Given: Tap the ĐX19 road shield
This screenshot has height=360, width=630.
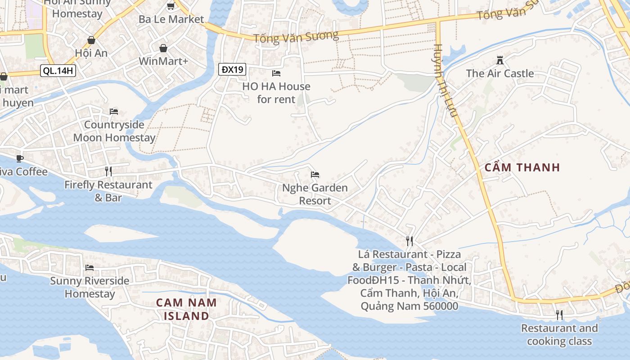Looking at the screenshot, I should click(233, 69).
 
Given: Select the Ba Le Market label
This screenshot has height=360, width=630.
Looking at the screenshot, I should click(171, 19).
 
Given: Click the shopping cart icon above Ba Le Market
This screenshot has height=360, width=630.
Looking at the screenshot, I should click(171, 6).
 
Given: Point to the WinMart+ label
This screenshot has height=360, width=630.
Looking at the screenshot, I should click(163, 61).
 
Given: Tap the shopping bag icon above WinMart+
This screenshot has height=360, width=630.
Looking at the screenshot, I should click(163, 48).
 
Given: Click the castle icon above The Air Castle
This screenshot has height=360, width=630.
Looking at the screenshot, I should click(499, 60).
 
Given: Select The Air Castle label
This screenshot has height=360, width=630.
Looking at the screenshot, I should click(499, 73).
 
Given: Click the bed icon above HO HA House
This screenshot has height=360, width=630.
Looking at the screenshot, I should click(276, 73).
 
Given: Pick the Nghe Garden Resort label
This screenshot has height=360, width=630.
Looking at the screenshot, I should click(315, 194).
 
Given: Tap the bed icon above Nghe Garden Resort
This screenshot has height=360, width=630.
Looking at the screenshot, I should click(315, 175).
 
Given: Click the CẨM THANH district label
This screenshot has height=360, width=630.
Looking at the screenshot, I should click(522, 167).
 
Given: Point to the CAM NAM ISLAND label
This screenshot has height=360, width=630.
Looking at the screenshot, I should click(186, 309).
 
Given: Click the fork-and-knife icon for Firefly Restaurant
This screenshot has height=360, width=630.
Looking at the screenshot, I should click(108, 171).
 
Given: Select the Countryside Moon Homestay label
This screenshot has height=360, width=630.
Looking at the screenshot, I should click(114, 131).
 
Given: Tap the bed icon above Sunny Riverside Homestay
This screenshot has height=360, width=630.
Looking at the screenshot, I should click(90, 268).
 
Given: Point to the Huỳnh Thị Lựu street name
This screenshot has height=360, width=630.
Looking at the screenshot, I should click(446, 81).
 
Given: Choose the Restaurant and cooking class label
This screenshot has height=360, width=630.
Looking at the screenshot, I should click(559, 335).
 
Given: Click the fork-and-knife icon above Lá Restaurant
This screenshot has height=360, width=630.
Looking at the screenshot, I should click(409, 241).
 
